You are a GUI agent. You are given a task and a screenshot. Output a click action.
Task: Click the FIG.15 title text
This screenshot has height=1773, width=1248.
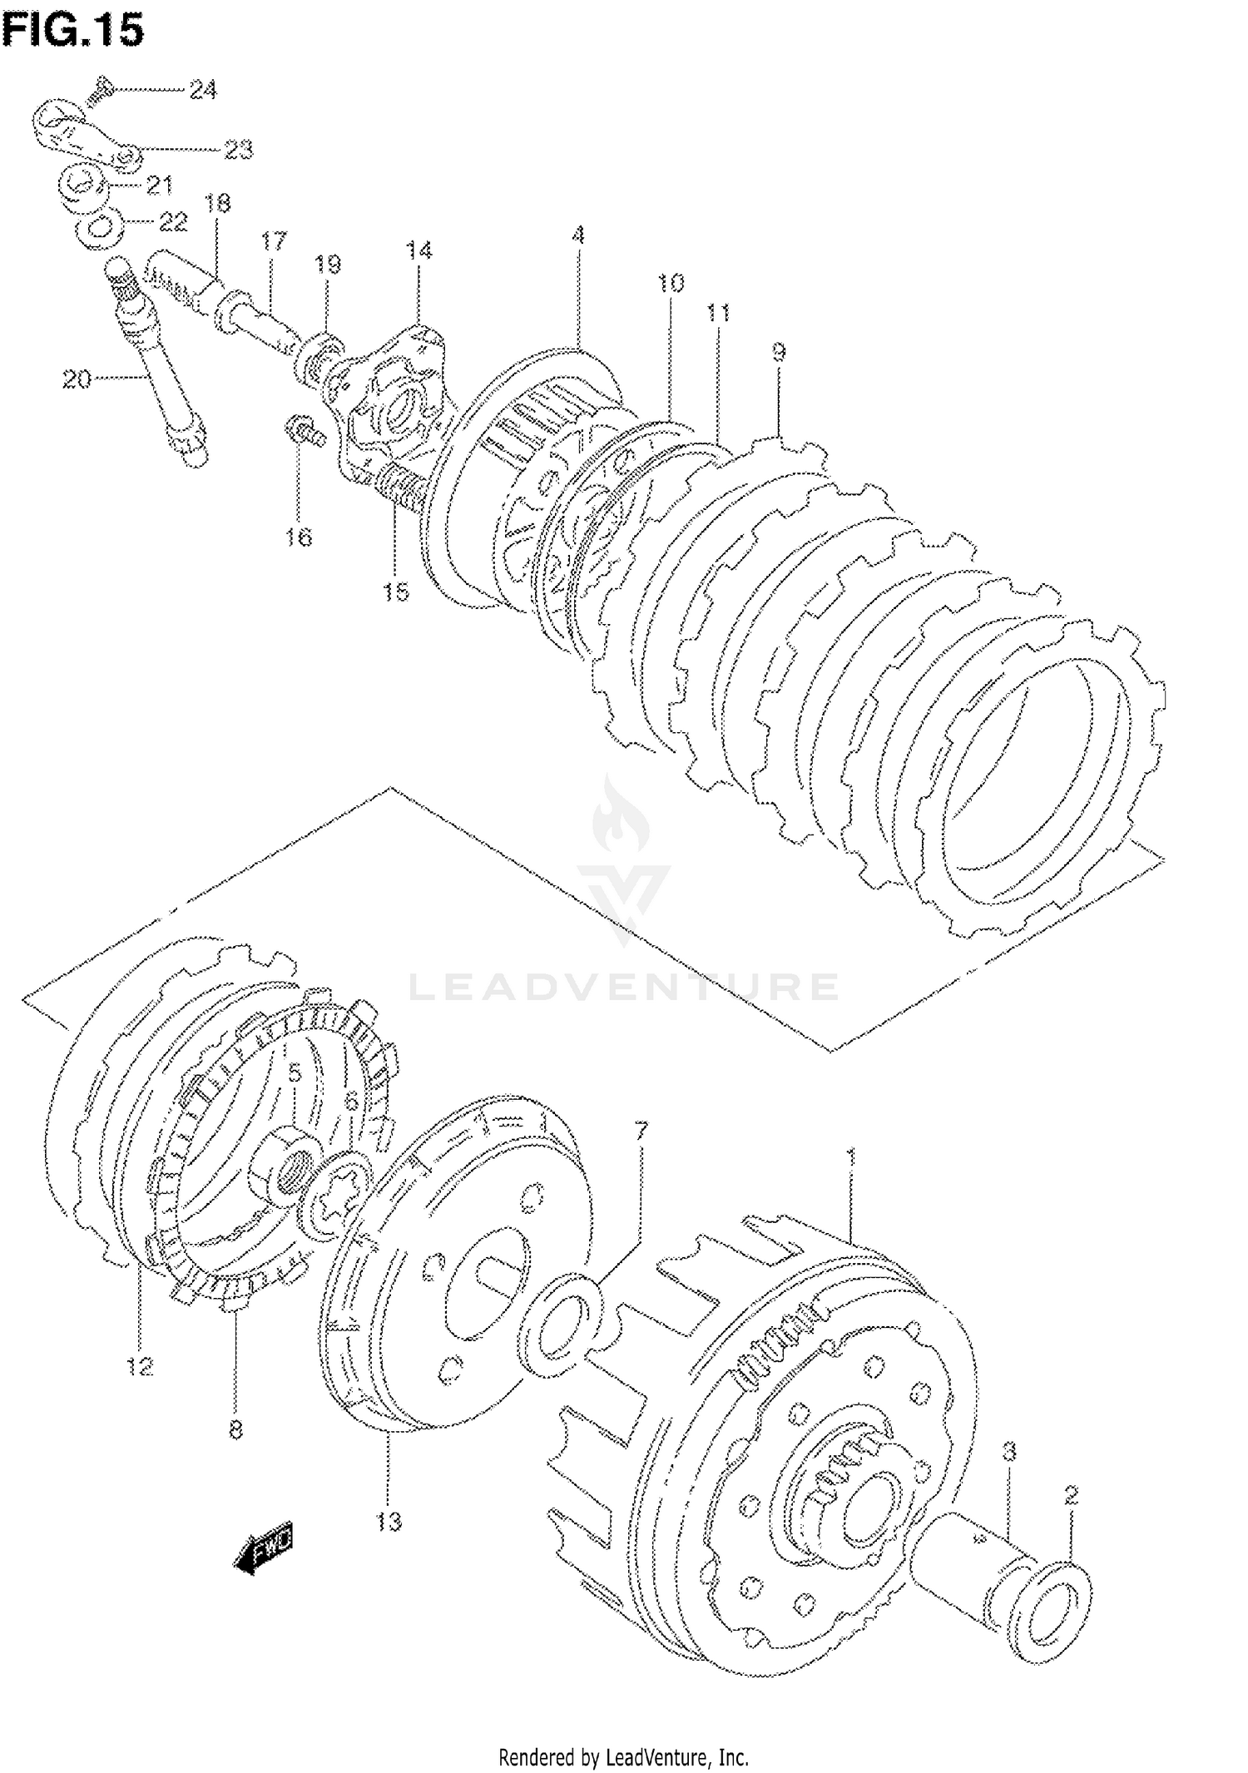click(73, 30)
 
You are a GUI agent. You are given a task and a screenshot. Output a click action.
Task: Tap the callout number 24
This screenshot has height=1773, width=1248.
click(202, 90)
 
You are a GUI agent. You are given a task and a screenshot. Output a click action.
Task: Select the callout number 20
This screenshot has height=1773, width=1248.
click(77, 380)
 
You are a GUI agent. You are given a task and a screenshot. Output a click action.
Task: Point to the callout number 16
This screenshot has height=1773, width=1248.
click(298, 537)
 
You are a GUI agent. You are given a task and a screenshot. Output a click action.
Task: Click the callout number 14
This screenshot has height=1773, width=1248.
click(419, 250)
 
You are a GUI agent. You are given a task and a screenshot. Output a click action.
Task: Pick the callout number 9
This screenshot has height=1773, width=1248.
click(778, 352)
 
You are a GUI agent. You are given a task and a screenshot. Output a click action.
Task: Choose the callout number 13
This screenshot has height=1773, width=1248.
click(389, 1522)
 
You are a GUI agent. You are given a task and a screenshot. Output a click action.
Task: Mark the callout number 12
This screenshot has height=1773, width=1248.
click(140, 1366)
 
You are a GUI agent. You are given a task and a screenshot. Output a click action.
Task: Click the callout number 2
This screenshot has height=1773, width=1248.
click(1071, 1495)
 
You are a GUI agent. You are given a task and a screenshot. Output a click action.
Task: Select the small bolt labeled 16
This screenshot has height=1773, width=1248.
click(305, 431)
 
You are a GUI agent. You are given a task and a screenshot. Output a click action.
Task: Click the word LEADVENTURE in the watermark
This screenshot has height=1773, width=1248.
click(624, 987)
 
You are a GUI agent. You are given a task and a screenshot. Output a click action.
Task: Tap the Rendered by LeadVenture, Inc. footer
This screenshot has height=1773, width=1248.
click(623, 1756)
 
